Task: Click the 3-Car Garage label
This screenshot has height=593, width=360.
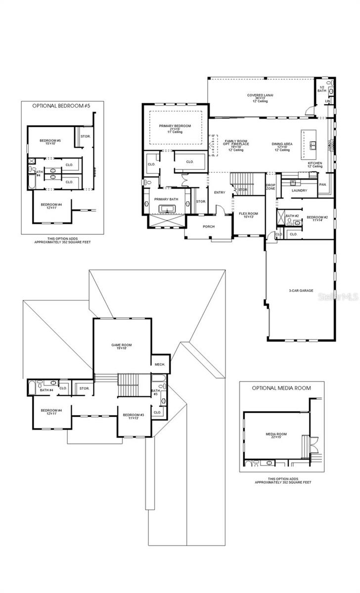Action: (301, 291)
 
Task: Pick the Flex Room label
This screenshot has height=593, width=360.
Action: (246, 214)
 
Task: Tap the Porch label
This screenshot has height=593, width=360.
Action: (209, 226)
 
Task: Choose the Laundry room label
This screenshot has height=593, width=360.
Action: (299, 190)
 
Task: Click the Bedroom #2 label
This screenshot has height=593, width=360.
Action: (316, 217)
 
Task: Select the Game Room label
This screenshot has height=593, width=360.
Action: (121, 345)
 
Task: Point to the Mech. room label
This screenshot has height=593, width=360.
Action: (159, 364)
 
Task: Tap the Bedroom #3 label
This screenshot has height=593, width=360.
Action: (133, 415)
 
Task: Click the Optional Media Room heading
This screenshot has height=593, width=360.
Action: (282, 388)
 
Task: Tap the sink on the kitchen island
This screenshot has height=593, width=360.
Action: (313, 145)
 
